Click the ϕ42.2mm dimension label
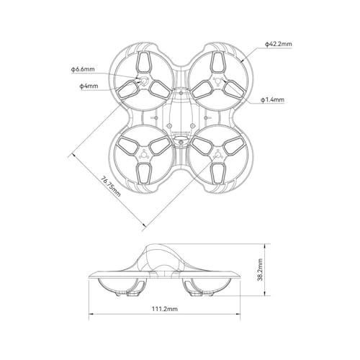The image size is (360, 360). (x=279, y=44)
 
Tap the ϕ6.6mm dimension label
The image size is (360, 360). (x=83, y=69)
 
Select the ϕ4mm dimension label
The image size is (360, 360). (x=89, y=86)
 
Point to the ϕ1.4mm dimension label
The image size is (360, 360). (x=273, y=99)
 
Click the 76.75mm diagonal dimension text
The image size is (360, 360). (x=111, y=186)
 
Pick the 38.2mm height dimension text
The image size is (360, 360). (x=260, y=270)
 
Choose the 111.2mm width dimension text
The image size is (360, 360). (x=165, y=309)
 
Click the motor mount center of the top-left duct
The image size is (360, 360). (x=144, y=81)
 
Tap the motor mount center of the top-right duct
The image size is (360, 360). (x=218, y=81)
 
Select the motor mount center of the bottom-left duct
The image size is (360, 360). (x=144, y=155)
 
